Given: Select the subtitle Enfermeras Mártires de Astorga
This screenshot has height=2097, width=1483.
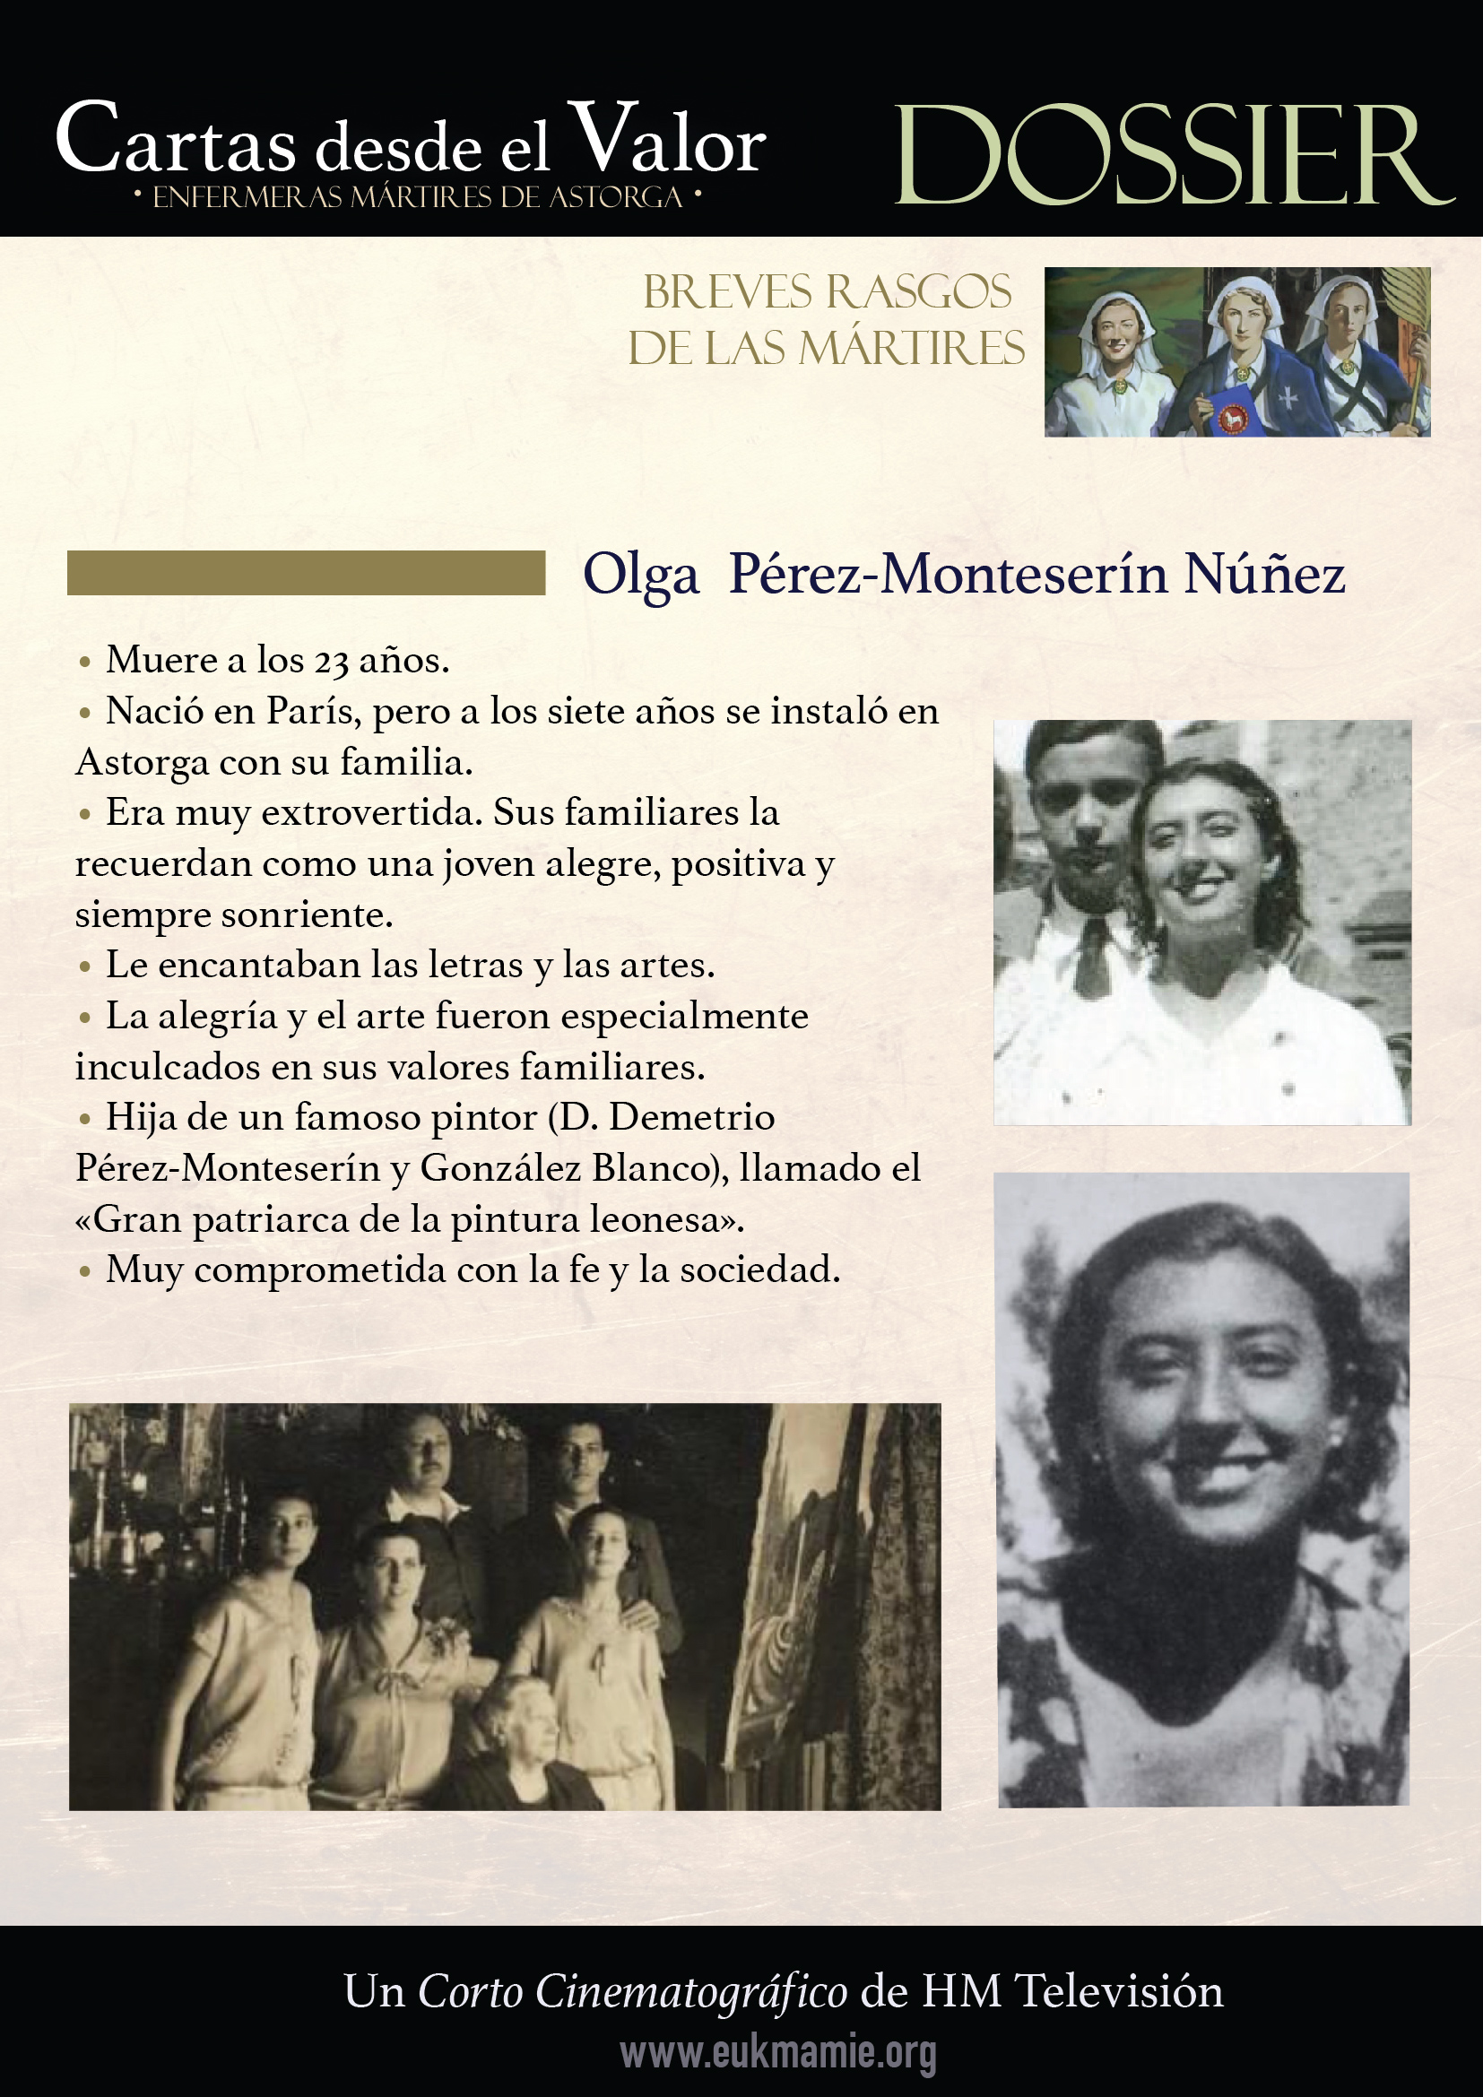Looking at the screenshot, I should point(417,197).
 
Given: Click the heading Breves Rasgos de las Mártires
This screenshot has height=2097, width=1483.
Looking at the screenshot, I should point(827,320).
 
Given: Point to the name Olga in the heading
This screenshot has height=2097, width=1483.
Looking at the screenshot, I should point(641,576).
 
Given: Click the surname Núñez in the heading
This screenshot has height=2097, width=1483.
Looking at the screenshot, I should point(1265,576).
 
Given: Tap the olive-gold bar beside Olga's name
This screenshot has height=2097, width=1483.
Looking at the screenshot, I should point(306,573).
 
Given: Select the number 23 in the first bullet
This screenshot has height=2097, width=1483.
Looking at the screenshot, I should point(332,662).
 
